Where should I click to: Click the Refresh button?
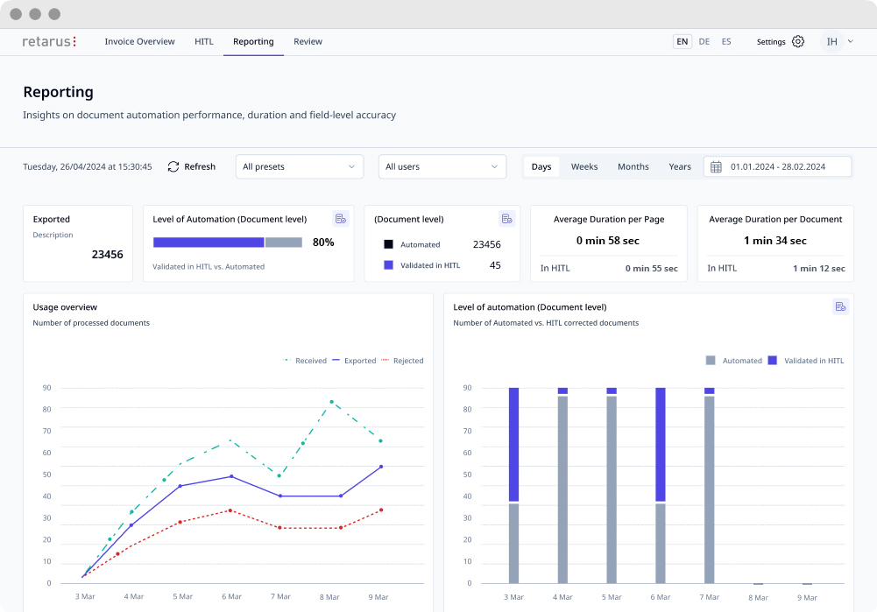pos(191,166)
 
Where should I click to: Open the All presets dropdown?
pos(300,166)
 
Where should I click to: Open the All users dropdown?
pos(442,166)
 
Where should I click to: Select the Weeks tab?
pos(583,166)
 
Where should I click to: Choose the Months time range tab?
pos(633,166)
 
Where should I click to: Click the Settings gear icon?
pos(798,41)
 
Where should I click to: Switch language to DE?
pos(704,41)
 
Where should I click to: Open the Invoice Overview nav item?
pos(140,41)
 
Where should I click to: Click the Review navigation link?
pos(308,41)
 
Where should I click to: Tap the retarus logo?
pos(49,41)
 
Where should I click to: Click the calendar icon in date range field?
pos(716,166)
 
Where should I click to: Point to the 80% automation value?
pos(323,242)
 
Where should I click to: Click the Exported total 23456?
pos(108,254)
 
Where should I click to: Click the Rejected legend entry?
pos(402,361)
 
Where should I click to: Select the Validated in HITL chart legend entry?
pos(806,361)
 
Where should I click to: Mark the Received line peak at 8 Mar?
pos(332,402)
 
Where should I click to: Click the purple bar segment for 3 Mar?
pos(513,444)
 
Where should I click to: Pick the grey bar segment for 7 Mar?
pos(709,489)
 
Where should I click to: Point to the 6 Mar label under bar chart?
pos(660,597)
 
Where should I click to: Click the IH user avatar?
pos(831,41)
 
